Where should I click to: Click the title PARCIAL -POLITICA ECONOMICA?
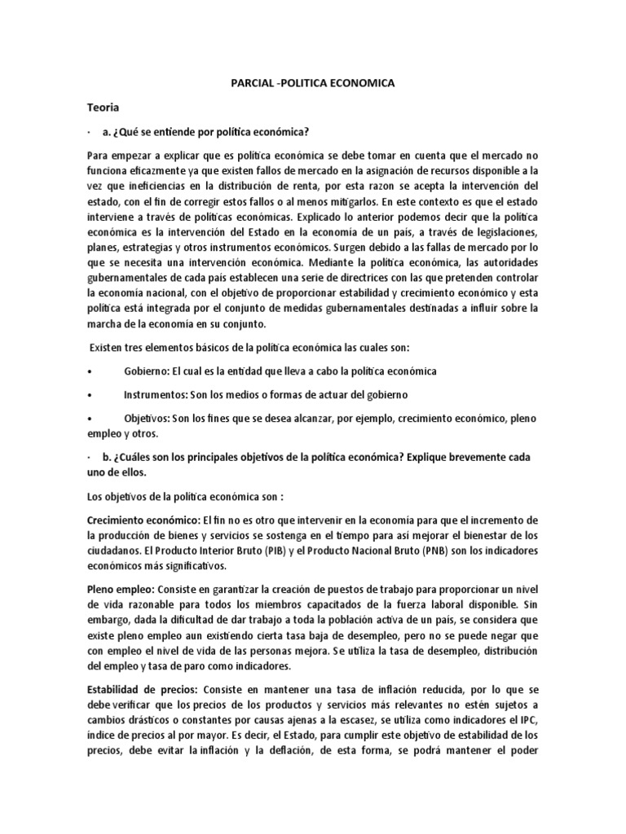pyautogui.click(x=312, y=84)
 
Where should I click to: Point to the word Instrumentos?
pyautogui.click(x=159, y=394)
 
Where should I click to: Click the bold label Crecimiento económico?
pyautogui.click(x=152, y=520)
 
